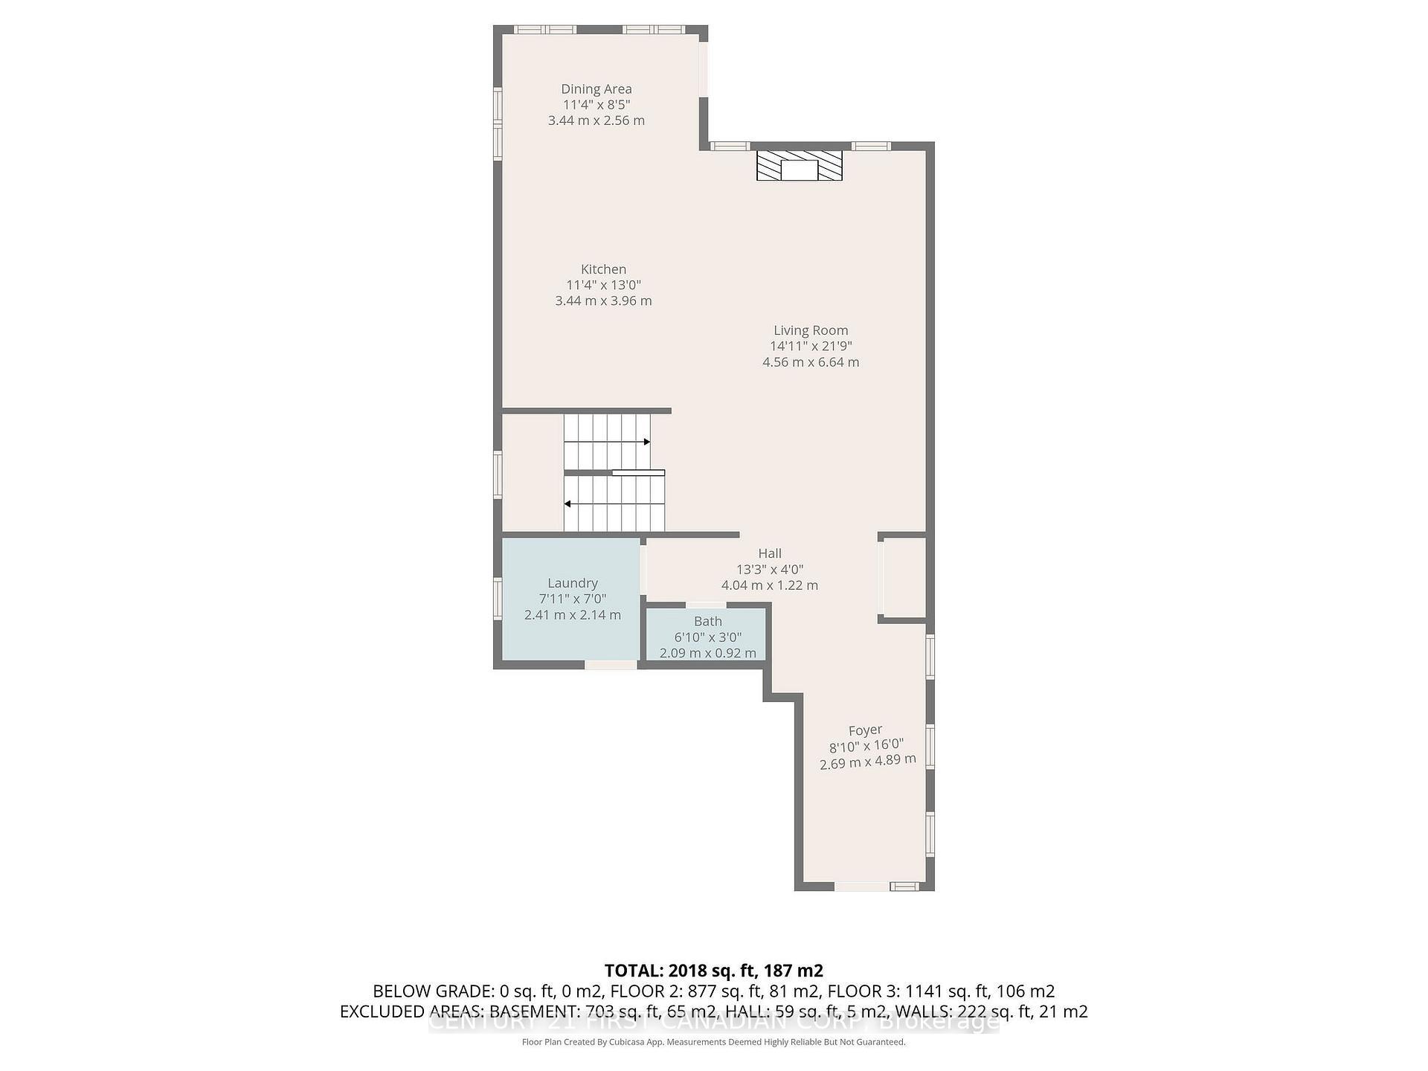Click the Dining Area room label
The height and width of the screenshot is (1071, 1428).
click(596, 89)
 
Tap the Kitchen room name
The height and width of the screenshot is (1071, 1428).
click(603, 269)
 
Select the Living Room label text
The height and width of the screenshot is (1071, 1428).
click(810, 330)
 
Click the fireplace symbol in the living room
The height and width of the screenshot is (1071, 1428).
click(799, 166)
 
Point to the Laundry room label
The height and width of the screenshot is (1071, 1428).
click(572, 583)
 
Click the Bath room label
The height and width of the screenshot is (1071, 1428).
click(707, 621)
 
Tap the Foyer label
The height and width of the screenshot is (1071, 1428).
click(865, 730)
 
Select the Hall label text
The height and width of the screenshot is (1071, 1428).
click(769, 553)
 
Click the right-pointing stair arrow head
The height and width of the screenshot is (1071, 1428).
click(647, 442)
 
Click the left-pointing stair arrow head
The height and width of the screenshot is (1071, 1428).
click(567, 504)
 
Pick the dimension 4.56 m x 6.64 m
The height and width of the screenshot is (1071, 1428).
click(810, 362)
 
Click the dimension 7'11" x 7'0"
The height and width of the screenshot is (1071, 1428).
click(572, 599)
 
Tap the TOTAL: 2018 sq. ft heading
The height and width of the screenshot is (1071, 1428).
click(713, 971)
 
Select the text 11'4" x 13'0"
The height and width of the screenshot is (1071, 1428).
click(603, 285)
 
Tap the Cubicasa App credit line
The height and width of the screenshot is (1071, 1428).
click(713, 1042)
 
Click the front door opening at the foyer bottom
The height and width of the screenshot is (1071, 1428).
click(861, 887)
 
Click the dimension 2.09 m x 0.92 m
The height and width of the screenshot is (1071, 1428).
click(707, 653)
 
